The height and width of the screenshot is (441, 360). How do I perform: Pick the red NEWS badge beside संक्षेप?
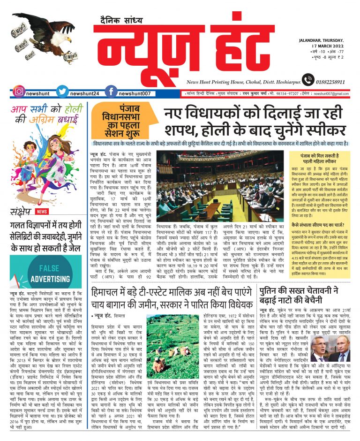pos(42,211)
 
